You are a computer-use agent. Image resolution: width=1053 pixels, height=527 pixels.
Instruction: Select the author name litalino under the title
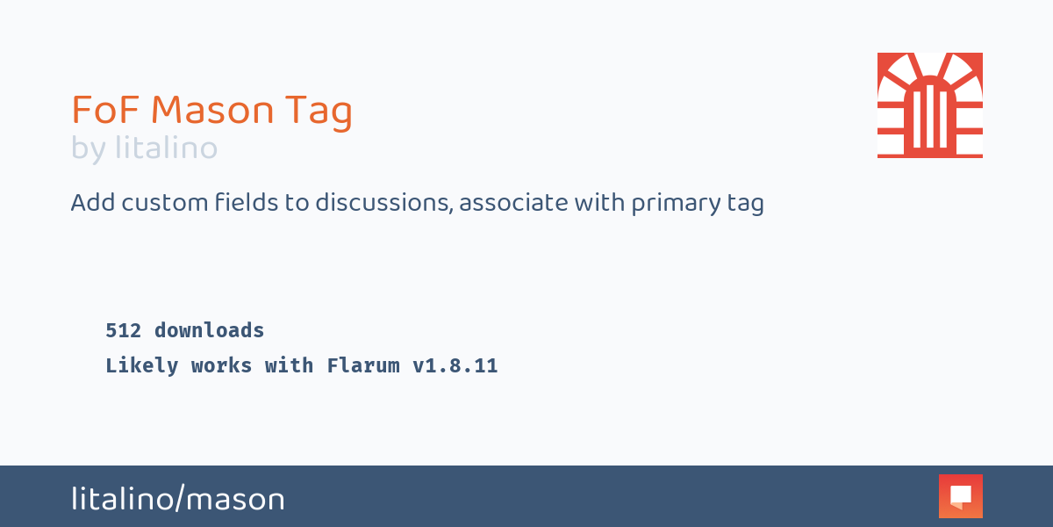click(x=166, y=148)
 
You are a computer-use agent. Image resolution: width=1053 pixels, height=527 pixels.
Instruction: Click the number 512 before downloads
click(x=124, y=331)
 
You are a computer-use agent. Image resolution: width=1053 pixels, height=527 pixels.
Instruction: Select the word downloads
click(x=209, y=331)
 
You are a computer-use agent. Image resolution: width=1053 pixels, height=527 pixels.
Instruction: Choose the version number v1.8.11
click(x=455, y=366)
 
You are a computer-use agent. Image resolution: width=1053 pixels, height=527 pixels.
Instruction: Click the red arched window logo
click(x=929, y=105)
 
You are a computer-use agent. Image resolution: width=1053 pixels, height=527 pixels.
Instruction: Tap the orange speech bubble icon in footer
click(x=960, y=496)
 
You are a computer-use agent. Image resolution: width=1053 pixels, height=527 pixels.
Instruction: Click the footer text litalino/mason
click(x=178, y=500)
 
